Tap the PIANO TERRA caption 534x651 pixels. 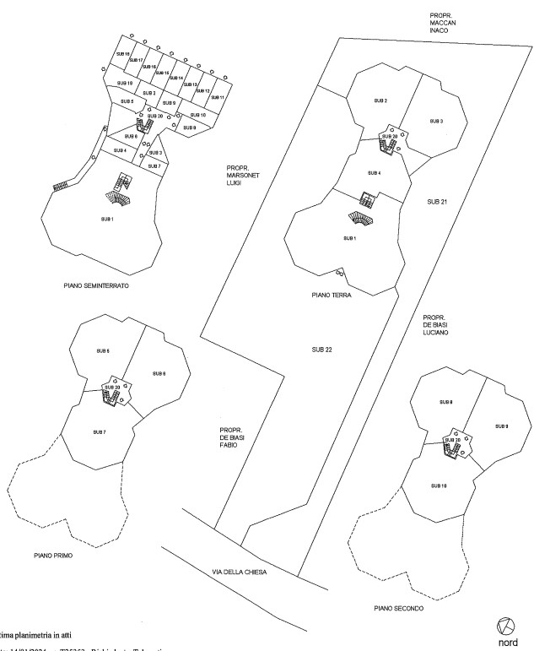click(x=331, y=296)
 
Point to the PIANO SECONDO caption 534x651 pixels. click(x=398, y=608)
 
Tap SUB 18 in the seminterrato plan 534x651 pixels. click(x=122, y=54)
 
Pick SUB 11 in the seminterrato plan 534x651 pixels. click(x=217, y=98)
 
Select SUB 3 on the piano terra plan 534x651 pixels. click(x=436, y=122)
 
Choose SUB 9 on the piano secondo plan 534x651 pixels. click(x=501, y=426)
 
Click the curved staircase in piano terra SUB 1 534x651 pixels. click(x=361, y=219)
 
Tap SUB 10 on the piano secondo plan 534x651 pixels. click(x=438, y=486)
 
